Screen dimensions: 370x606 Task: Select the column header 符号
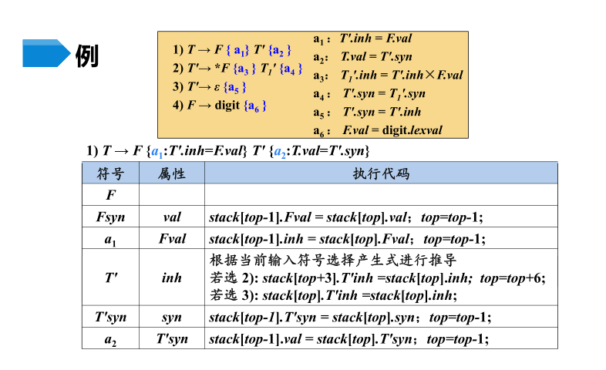110,173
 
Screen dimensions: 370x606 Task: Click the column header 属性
171,173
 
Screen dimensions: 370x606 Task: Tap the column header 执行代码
380,173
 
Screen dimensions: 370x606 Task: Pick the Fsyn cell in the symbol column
110,217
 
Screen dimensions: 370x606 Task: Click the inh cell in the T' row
171,277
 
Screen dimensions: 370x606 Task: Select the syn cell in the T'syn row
171,317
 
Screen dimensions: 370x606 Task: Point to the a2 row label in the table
110,338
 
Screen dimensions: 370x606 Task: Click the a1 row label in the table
110,239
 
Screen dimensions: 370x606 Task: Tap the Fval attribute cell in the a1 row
171,239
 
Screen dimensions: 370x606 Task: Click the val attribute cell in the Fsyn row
171,217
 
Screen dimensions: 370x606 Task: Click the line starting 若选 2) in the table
377,277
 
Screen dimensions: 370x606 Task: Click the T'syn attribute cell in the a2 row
171,338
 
